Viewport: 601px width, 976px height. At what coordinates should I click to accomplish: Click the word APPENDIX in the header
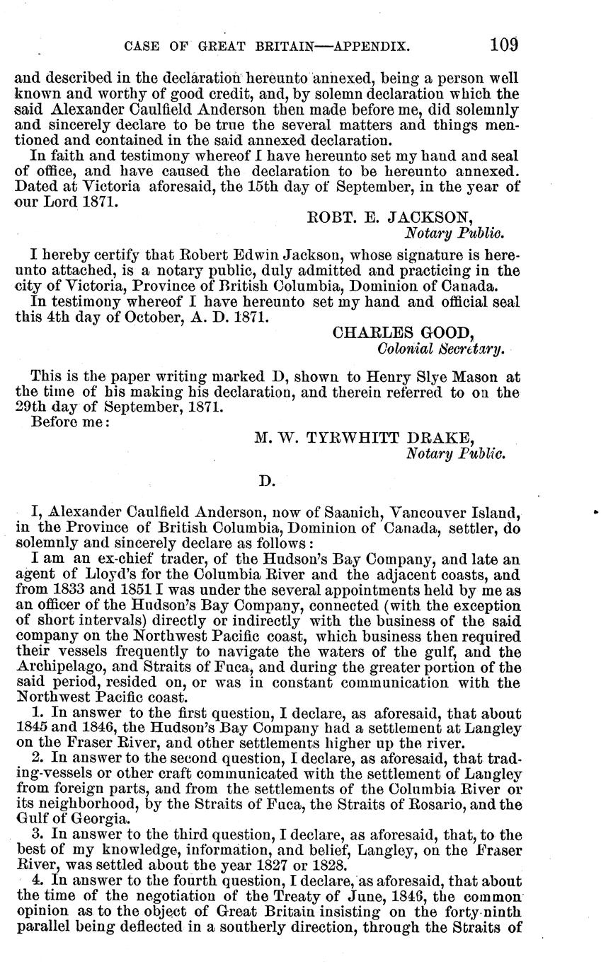[371, 47]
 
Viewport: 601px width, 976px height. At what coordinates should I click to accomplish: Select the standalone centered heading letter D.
[266, 482]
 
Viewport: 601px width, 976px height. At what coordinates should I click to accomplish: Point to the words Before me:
[70, 423]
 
